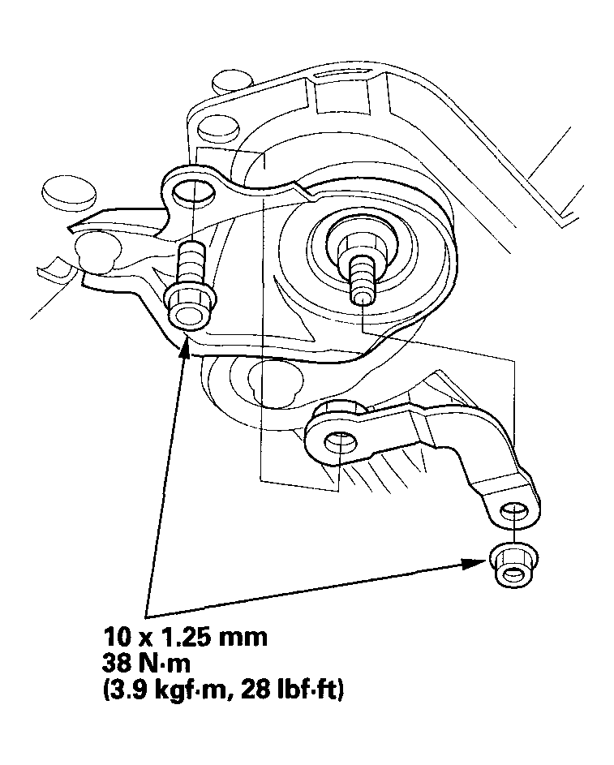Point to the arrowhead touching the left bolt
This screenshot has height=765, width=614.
point(186,349)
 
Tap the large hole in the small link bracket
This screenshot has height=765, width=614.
point(341,443)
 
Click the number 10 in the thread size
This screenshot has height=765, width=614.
point(116,635)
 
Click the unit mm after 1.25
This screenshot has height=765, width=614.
point(242,635)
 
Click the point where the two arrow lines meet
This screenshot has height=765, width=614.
point(146,609)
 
